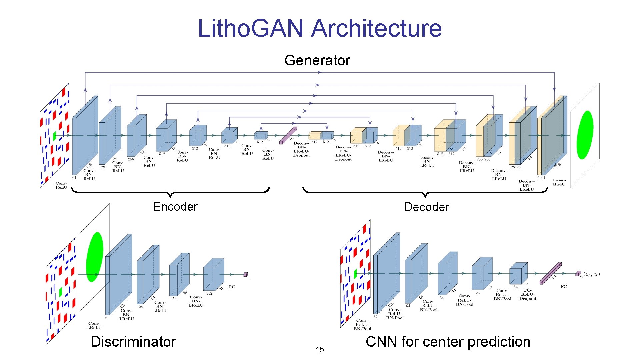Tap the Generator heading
click(x=317, y=60)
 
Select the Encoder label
click(x=175, y=207)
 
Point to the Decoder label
click(x=426, y=207)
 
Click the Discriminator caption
click(x=133, y=342)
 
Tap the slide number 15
click(x=320, y=350)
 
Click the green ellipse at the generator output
click(x=585, y=135)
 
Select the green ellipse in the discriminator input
click(x=94, y=257)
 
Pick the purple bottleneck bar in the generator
click(x=288, y=135)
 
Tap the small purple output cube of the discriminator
click(x=245, y=274)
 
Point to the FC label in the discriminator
click(x=232, y=287)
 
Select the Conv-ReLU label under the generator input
click(x=61, y=185)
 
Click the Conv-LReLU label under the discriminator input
click(x=94, y=325)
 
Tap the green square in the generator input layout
click(x=54, y=136)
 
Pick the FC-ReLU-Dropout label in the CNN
click(x=528, y=295)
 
